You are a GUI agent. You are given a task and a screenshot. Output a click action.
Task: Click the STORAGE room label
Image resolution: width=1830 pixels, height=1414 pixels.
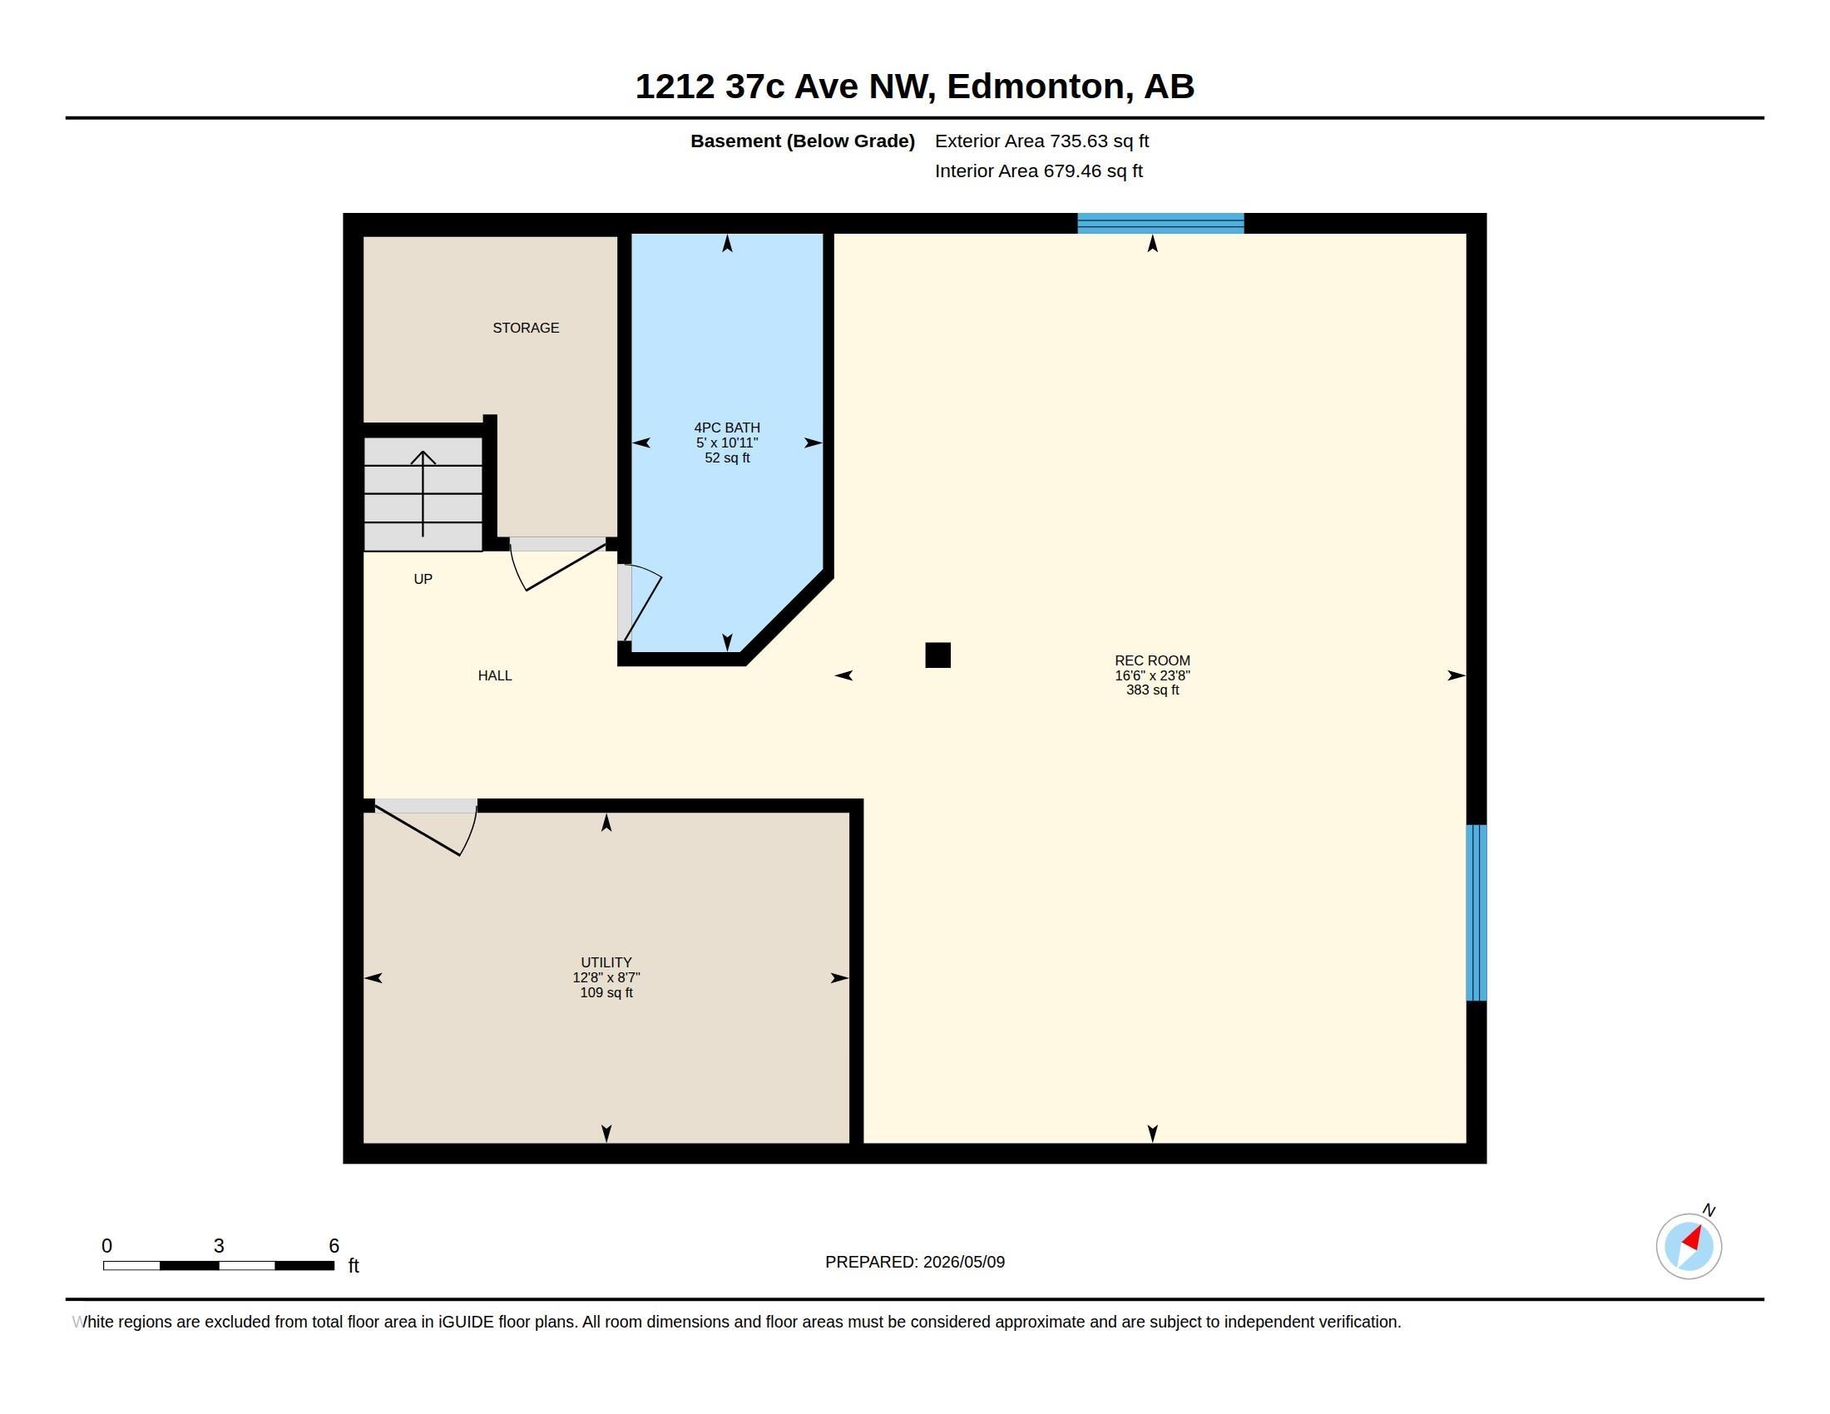[526, 328]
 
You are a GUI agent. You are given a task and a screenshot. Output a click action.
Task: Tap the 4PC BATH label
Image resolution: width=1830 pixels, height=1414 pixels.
[726, 428]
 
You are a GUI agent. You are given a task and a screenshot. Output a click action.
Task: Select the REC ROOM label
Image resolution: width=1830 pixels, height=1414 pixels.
[1152, 660]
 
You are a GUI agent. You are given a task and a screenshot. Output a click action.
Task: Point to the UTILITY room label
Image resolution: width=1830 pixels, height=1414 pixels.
[606, 962]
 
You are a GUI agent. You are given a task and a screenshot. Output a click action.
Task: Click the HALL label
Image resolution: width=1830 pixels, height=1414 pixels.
[494, 675]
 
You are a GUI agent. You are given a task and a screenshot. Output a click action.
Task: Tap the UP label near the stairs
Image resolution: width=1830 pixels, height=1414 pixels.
[423, 579]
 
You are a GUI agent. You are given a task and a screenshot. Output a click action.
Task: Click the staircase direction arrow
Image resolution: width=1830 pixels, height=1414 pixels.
[423, 493]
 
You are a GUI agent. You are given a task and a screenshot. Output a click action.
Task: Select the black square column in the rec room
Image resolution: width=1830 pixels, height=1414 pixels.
[937, 655]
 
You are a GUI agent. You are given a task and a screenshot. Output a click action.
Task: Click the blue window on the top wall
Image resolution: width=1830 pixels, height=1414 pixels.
[1160, 223]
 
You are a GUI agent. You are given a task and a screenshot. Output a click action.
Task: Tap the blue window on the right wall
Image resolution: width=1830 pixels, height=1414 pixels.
[1476, 912]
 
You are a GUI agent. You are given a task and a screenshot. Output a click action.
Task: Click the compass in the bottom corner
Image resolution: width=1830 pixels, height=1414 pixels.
[1689, 1246]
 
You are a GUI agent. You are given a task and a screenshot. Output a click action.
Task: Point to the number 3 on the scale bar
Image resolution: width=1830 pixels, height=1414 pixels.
[219, 1246]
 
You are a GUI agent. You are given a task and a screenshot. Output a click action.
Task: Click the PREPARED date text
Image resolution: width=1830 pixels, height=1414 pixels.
[915, 1262]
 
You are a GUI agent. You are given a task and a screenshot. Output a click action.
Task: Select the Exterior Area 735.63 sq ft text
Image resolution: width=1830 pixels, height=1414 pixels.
[1041, 141]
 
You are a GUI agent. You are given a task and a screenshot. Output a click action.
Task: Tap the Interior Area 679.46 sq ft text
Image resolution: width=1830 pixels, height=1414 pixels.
[1038, 171]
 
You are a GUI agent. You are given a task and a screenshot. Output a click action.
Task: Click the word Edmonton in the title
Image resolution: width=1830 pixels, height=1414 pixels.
[1036, 87]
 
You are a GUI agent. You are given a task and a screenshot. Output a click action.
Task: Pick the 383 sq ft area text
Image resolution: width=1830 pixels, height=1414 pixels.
[1152, 690]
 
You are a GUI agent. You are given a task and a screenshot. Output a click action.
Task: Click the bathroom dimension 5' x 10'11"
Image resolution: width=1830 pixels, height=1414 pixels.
[726, 442]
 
